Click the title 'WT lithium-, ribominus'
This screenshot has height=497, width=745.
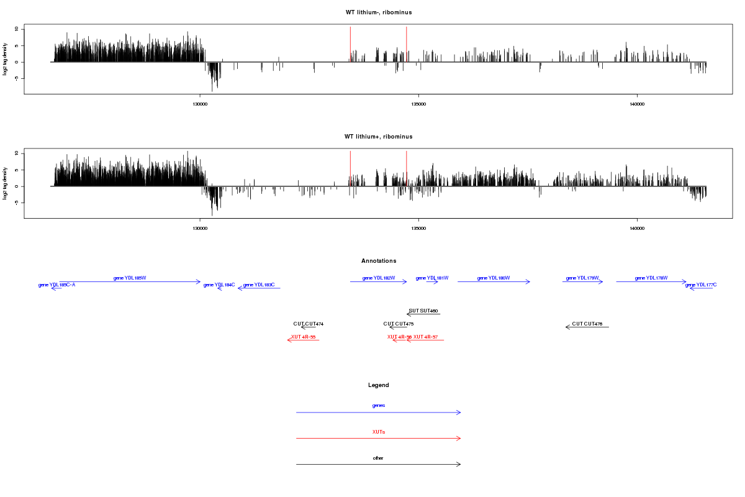pyautogui.click(x=379, y=12)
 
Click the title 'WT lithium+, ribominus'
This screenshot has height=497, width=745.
pyautogui.click(x=379, y=137)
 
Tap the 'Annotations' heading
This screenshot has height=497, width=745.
pyautogui.click(x=379, y=261)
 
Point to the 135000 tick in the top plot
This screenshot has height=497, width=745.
pyautogui.click(x=418, y=104)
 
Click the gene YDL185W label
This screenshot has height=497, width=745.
pyautogui.click(x=130, y=278)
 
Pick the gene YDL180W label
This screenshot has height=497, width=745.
pyautogui.click(x=494, y=278)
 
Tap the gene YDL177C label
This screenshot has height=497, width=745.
pyautogui.click(x=701, y=285)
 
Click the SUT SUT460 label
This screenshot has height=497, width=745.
pyautogui.click(x=423, y=311)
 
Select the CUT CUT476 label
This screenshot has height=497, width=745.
pyautogui.click(x=587, y=324)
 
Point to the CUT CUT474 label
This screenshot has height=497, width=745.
pyautogui.click(x=309, y=324)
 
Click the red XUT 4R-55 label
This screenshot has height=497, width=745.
pyautogui.click(x=304, y=337)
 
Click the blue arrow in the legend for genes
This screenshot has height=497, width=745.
pyautogui.click(x=379, y=413)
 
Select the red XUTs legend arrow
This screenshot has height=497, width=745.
pyautogui.click(x=379, y=439)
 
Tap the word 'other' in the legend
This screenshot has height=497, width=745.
pyautogui.click(x=378, y=458)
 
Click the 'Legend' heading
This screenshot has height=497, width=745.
pyautogui.click(x=379, y=385)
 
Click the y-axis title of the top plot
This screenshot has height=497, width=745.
pyautogui.click(x=6, y=60)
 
